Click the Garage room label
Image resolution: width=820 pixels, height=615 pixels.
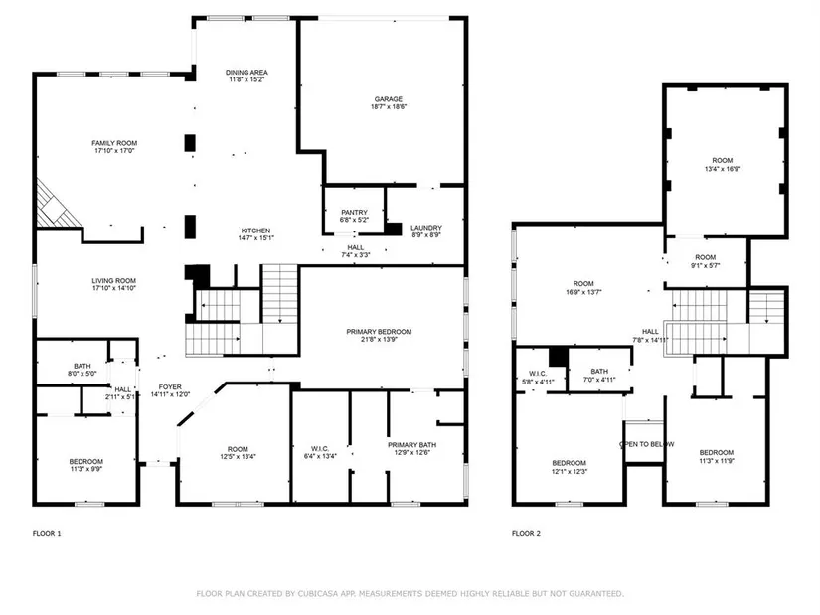coord(388,98)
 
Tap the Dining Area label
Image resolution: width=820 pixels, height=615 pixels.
coord(246,73)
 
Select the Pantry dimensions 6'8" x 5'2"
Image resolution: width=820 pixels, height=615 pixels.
coord(354,220)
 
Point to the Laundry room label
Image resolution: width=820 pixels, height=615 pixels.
coord(426,228)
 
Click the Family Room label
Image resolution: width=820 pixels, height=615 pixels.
coord(114,143)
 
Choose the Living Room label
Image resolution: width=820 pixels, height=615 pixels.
coord(114,281)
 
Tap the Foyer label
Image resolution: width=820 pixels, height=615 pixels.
coord(171,387)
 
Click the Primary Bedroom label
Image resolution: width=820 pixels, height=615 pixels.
coord(379,332)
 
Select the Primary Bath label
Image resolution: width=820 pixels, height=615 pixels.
coord(412,445)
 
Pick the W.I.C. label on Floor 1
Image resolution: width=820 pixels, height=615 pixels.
coord(320,449)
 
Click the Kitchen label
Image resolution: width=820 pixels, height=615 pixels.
coord(255,231)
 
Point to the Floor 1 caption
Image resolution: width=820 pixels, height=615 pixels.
coord(47,533)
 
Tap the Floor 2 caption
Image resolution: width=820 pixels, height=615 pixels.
coord(526,533)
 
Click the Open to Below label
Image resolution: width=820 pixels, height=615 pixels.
coord(646,444)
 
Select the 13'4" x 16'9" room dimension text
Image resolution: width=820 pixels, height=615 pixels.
coord(723,169)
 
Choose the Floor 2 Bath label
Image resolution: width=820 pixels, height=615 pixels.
coord(599,372)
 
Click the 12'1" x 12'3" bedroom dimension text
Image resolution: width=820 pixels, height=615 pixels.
coord(570,471)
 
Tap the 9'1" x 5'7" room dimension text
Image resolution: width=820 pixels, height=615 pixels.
coord(706,265)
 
